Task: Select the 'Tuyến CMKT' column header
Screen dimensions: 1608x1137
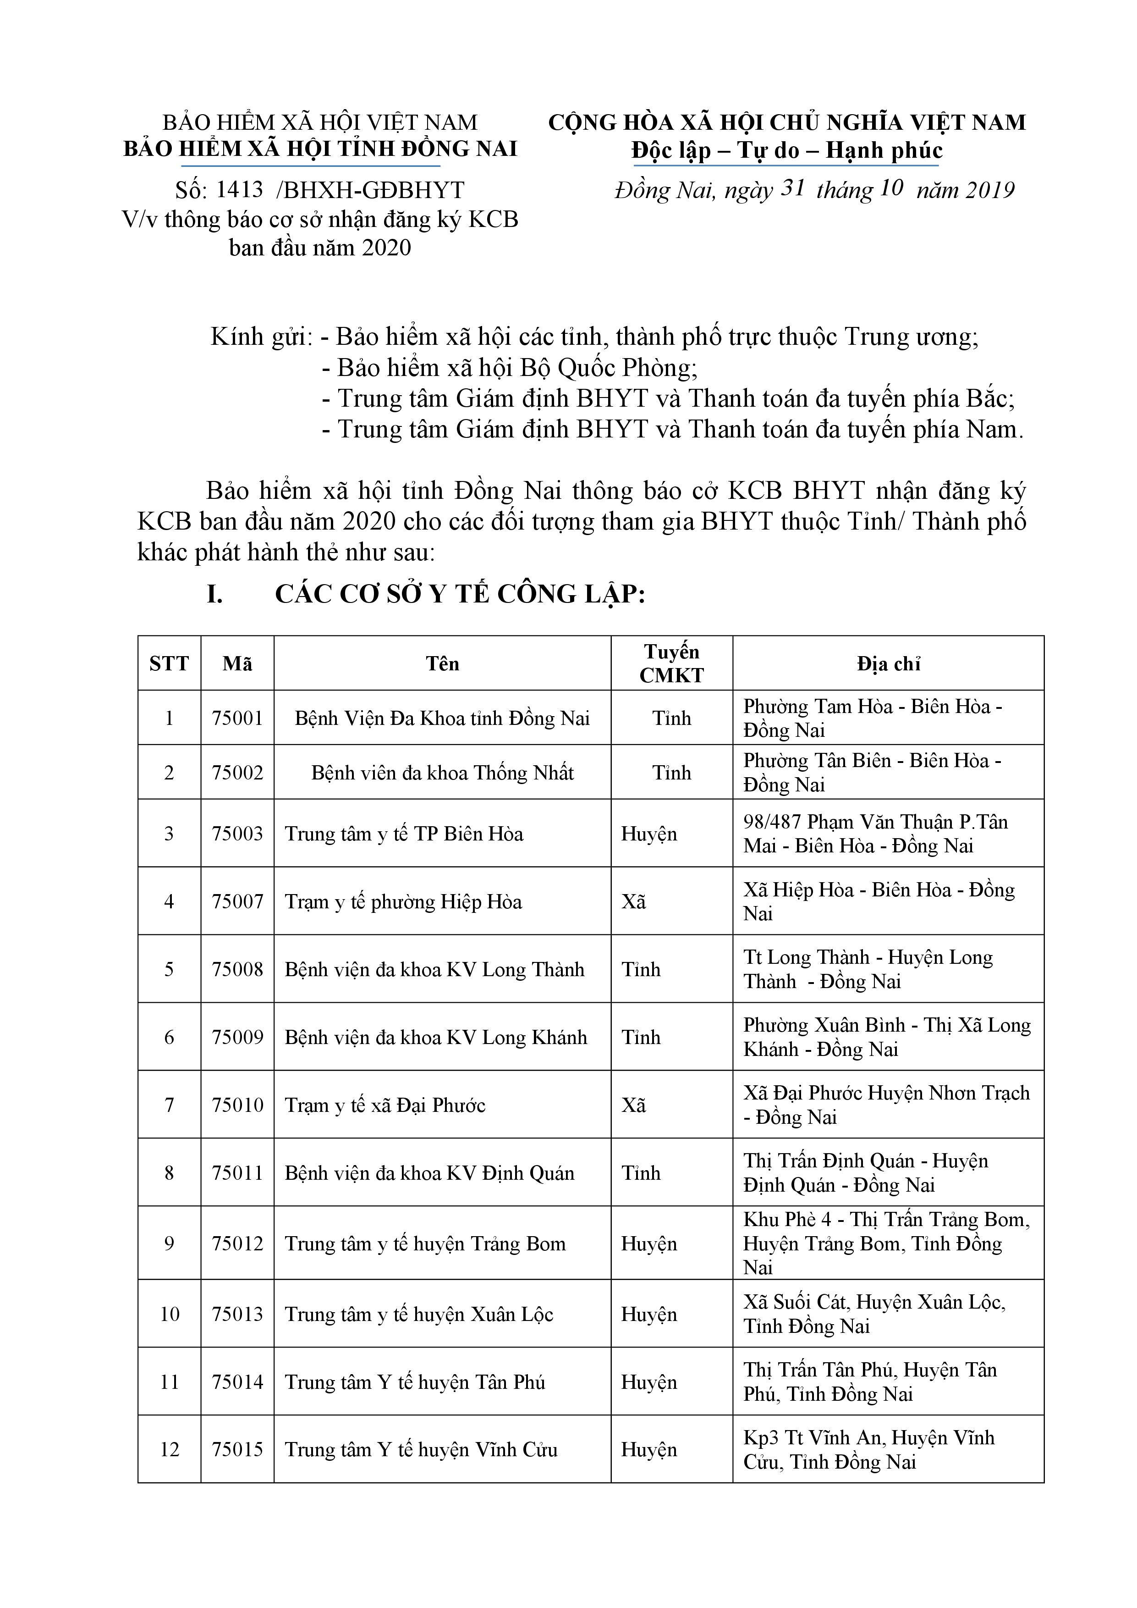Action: [x=671, y=663]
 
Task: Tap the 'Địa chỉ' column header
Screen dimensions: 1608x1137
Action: [x=888, y=663]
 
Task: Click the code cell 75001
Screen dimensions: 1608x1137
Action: [x=237, y=718]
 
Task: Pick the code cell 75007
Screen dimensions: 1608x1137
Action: [x=237, y=901]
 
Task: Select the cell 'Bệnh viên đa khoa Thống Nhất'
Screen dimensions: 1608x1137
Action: [x=443, y=773]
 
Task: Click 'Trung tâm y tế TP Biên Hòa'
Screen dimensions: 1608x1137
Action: [x=404, y=834]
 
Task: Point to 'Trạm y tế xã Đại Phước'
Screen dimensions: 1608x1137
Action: [x=385, y=1105]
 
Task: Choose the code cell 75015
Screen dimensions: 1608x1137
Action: [x=237, y=1449]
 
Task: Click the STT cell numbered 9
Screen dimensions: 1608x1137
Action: [x=169, y=1243]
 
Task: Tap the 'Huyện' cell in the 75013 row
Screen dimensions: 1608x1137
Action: [x=649, y=1314]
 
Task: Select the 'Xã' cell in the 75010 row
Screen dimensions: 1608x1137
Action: [x=634, y=1105]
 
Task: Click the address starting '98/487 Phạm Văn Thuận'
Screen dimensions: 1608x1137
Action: [x=875, y=834]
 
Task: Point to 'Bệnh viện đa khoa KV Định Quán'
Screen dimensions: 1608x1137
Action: [x=429, y=1173]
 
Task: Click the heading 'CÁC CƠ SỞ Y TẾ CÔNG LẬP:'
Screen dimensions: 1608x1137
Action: [x=459, y=594]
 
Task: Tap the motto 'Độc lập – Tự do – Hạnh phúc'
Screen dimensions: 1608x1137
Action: [x=786, y=150]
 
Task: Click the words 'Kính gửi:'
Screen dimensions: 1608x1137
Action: [x=261, y=337]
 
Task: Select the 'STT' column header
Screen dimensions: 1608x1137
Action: [x=169, y=663]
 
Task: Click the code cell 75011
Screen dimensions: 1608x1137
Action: [x=237, y=1173]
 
